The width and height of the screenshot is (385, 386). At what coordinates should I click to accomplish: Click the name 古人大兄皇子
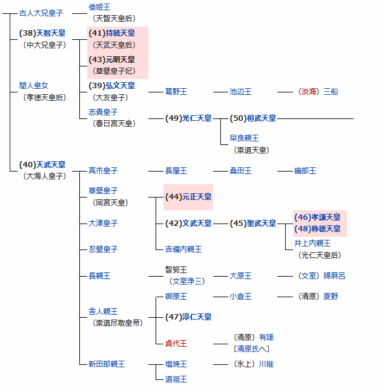tap(41, 13)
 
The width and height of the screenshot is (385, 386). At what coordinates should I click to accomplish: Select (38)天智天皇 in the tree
tap(42, 33)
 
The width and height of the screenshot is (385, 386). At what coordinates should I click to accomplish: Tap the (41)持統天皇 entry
tap(112, 33)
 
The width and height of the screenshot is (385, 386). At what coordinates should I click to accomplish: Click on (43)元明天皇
tap(112, 60)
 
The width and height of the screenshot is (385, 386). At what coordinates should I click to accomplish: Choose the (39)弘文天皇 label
tap(112, 86)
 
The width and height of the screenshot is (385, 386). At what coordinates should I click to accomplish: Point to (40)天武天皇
tap(42, 164)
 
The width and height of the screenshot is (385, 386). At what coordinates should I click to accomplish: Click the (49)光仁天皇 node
tap(188, 118)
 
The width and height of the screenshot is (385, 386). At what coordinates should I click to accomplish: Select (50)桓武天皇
tap(253, 118)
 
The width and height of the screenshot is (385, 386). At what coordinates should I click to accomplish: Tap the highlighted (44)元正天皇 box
tap(188, 197)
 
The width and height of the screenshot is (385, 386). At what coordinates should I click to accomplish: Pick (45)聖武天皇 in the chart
tap(253, 224)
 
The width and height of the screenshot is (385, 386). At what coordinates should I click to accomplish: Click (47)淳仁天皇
tap(188, 317)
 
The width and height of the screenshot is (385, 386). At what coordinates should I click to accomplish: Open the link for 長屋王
tap(176, 171)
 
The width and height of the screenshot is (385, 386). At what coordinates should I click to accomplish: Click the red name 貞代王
tap(176, 343)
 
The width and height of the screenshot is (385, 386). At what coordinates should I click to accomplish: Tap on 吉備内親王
tap(183, 249)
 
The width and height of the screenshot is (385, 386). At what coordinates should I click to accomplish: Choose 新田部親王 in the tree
tap(107, 364)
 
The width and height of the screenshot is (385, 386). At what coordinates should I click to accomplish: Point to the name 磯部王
tap(305, 171)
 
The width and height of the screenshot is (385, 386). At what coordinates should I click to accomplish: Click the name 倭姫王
tap(99, 7)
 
